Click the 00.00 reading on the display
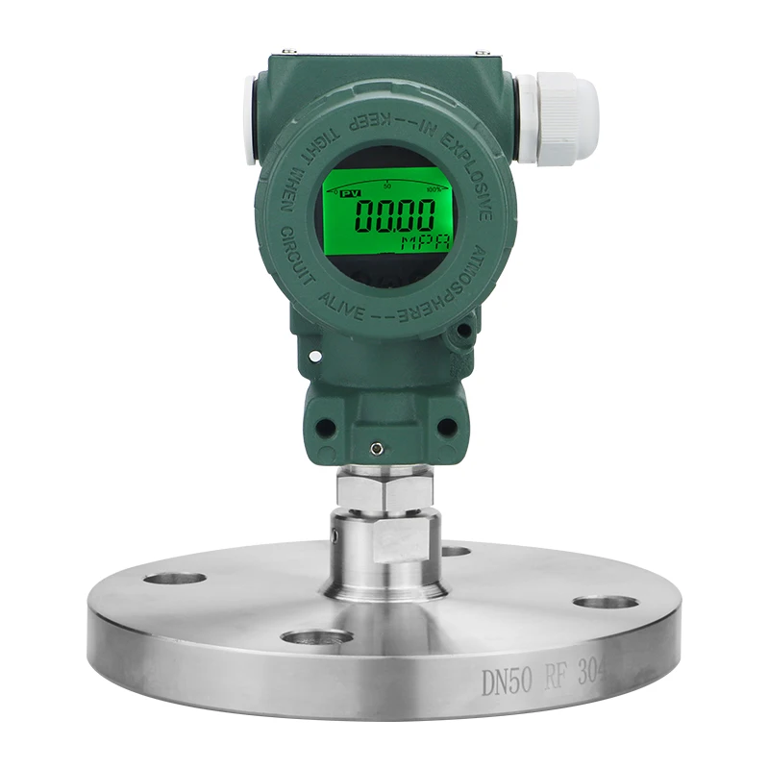(x=391, y=213)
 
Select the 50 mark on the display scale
(x=386, y=185)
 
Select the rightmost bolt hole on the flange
(x=607, y=602)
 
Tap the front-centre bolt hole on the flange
(x=316, y=636)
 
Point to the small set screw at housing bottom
(x=379, y=446)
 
